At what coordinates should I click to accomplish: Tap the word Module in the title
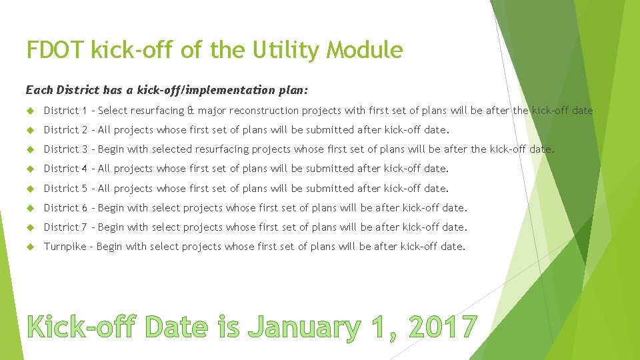[x=369, y=49]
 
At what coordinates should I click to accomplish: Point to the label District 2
[x=66, y=130]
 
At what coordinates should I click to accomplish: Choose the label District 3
[x=66, y=149]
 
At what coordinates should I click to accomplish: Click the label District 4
[x=66, y=169]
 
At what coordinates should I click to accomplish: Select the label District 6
[x=66, y=208]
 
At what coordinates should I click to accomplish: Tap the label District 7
[x=66, y=227]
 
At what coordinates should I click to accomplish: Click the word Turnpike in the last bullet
[x=65, y=247]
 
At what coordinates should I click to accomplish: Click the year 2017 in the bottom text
[x=443, y=327]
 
